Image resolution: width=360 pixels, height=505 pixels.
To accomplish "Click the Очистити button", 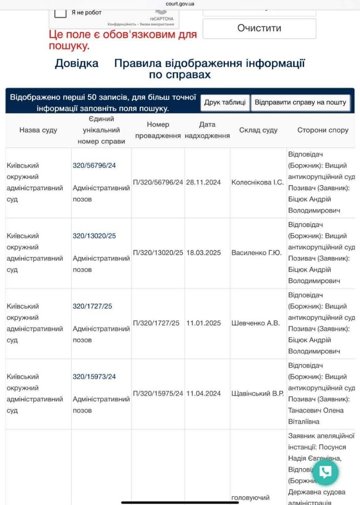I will (259, 28).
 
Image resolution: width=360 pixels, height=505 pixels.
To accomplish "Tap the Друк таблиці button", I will (225, 103).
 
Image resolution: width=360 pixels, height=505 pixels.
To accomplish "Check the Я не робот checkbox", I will (60, 12).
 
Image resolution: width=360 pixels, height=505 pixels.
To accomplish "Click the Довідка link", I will (76, 64).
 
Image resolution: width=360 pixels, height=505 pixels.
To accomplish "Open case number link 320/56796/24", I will (94, 166).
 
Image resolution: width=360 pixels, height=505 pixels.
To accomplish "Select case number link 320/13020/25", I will (94, 236).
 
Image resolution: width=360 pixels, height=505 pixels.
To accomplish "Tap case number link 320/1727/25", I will (92, 306).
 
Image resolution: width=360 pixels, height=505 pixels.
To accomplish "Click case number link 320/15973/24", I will (94, 377).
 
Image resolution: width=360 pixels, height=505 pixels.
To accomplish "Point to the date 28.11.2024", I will (203, 183).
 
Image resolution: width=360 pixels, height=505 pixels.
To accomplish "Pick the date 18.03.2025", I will (203, 253).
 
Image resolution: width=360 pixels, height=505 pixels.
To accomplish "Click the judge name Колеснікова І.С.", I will (257, 183).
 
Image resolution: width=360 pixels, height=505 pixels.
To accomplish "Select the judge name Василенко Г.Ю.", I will (256, 253).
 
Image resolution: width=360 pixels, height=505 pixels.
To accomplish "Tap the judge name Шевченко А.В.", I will (256, 323).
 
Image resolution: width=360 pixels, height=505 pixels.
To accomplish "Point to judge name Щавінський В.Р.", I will (257, 394).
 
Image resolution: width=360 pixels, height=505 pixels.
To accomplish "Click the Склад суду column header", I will (258, 130).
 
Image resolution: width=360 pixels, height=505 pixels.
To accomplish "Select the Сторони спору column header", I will (323, 130).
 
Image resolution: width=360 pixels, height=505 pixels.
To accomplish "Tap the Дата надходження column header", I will (207, 130).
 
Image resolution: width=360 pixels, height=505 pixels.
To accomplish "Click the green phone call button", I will (326, 472).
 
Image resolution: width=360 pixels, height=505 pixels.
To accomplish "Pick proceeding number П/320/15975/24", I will (158, 394).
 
